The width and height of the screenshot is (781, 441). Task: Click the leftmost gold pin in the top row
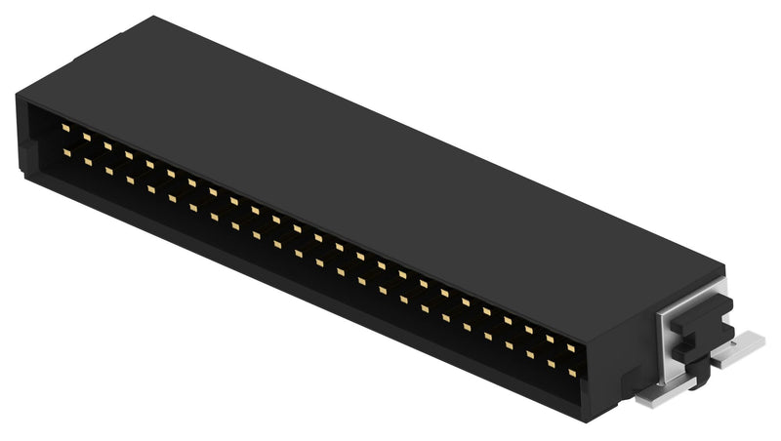click(65, 128)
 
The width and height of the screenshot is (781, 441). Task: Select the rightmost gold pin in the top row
click(570, 347)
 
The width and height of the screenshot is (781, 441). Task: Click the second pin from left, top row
click(86, 137)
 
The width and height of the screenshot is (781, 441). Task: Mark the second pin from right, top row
click(550, 339)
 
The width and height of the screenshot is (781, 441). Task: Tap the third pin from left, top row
click(107, 146)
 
